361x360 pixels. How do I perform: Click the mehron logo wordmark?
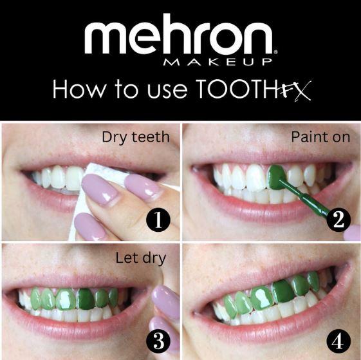(x=180, y=38)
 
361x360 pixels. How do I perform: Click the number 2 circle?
(x=338, y=220)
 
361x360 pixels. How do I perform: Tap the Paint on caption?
(x=320, y=137)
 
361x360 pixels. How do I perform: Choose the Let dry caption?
(x=140, y=259)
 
